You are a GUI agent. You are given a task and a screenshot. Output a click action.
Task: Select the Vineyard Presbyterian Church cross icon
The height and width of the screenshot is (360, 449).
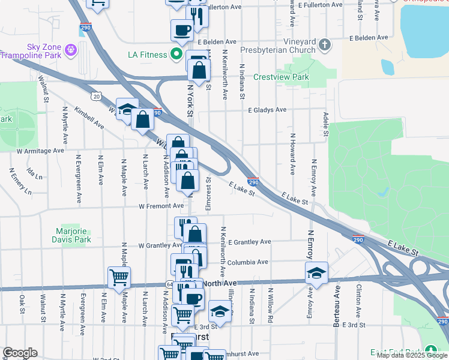(325, 44)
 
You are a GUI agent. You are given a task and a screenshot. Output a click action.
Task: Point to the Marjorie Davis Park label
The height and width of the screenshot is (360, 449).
(73, 235)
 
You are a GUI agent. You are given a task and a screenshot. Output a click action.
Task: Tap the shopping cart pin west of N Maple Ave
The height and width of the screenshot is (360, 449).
(119, 278)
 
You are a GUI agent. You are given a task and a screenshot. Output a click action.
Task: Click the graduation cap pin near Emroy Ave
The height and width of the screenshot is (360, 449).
(316, 273)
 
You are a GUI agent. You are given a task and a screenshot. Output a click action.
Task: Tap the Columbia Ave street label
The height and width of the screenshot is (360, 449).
(247, 262)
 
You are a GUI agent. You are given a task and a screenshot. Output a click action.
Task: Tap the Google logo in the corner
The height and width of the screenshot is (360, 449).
(20, 353)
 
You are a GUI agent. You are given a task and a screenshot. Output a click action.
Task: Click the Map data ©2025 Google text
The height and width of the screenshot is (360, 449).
(411, 355)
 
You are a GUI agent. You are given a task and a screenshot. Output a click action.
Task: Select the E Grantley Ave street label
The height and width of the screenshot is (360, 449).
(249, 242)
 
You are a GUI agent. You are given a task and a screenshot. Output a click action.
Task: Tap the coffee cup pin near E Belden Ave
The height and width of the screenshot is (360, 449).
(181, 29)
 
